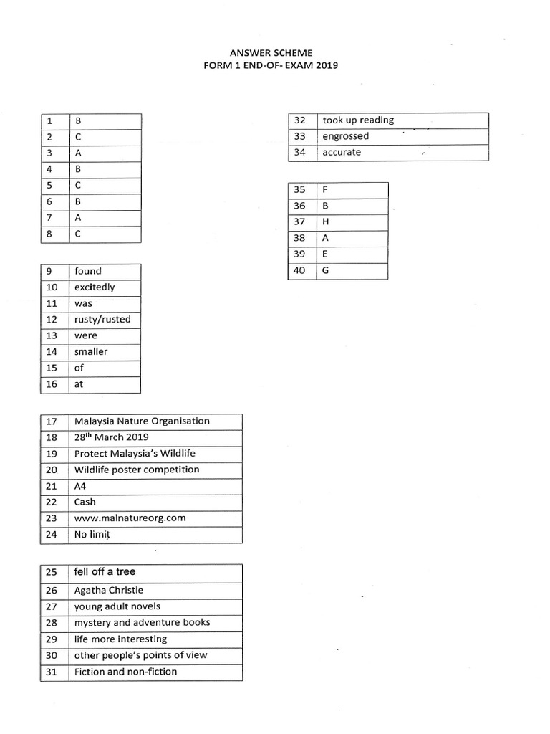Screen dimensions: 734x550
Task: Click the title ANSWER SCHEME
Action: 271,53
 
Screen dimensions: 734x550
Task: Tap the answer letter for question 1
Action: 78,121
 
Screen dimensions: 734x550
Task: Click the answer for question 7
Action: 78,217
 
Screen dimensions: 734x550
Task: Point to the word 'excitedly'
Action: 95,287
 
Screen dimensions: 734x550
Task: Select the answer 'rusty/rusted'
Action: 102,320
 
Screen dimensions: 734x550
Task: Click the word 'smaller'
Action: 91,352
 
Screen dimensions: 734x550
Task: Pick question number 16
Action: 52,384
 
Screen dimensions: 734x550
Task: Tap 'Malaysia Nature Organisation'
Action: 142,421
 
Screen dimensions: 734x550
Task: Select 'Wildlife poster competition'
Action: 137,470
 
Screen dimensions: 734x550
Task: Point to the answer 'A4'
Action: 80,486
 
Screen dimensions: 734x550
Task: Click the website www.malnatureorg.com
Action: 130,518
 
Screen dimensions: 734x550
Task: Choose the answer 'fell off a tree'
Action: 105,572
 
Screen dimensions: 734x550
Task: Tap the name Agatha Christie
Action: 109,591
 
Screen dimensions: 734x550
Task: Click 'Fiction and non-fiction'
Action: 125,672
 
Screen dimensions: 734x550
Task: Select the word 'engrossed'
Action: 346,136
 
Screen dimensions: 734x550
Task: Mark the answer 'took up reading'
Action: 358,120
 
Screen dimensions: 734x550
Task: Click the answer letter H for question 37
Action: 326,222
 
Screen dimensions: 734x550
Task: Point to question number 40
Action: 299,270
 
